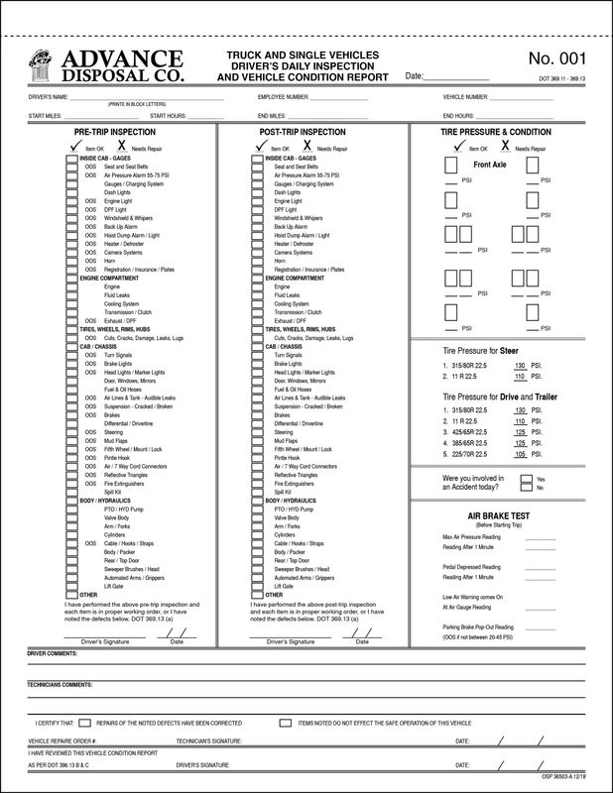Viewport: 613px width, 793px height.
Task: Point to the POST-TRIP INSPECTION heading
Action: coord(303,131)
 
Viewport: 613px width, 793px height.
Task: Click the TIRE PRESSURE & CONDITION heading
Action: coord(496,131)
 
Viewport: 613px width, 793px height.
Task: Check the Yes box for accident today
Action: coord(529,479)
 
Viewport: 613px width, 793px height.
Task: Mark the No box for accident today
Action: coord(529,488)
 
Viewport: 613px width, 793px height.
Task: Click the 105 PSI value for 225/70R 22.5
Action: coord(521,454)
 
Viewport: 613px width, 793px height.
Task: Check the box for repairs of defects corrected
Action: coord(85,724)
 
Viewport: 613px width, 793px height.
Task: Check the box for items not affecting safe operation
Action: coord(286,724)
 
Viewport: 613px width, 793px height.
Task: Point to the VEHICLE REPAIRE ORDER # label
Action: coord(62,740)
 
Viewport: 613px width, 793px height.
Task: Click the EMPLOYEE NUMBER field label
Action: coord(283,97)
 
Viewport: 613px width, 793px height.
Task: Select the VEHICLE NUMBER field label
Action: coord(465,97)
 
